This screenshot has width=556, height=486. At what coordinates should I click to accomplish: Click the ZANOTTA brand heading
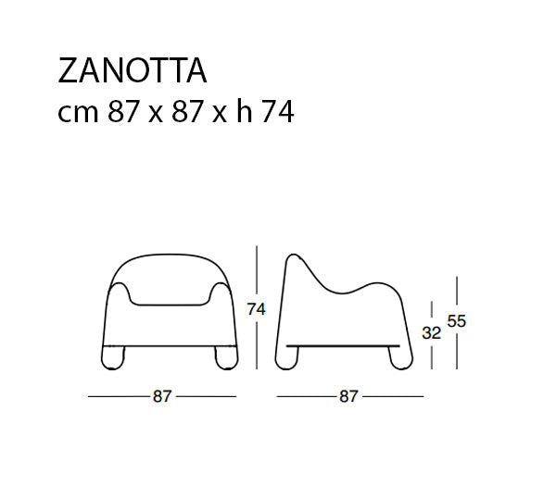(132, 70)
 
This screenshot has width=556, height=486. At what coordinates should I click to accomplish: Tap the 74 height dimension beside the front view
(256, 309)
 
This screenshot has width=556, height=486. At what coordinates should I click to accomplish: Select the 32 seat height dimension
(431, 333)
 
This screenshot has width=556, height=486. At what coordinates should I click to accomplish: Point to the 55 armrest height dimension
(456, 321)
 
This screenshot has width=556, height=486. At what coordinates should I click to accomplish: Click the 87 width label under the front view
(162, 396)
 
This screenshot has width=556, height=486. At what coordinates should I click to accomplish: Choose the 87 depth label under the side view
(349, 396)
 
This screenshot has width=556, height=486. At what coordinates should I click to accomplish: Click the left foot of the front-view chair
(113, 358)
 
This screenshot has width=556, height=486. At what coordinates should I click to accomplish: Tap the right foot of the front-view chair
(226, 358)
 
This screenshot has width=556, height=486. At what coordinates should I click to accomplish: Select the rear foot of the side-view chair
(286, 358)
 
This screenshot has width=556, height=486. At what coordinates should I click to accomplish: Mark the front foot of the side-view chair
(400, 358)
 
